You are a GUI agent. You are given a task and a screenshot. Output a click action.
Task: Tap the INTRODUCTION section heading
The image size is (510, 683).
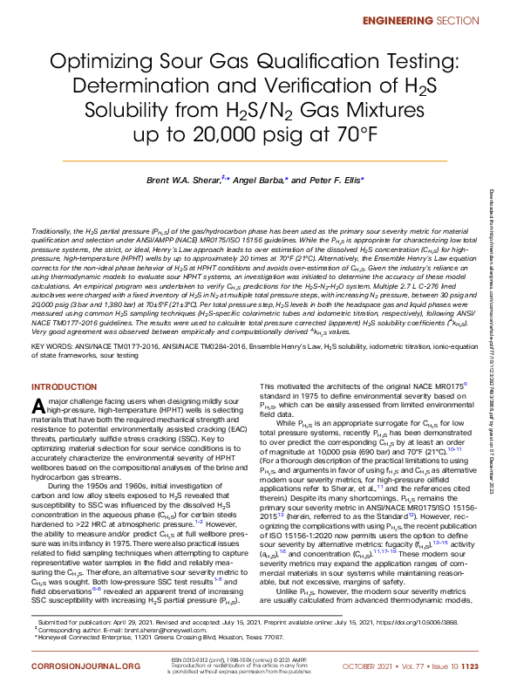(x=65, y=386)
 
